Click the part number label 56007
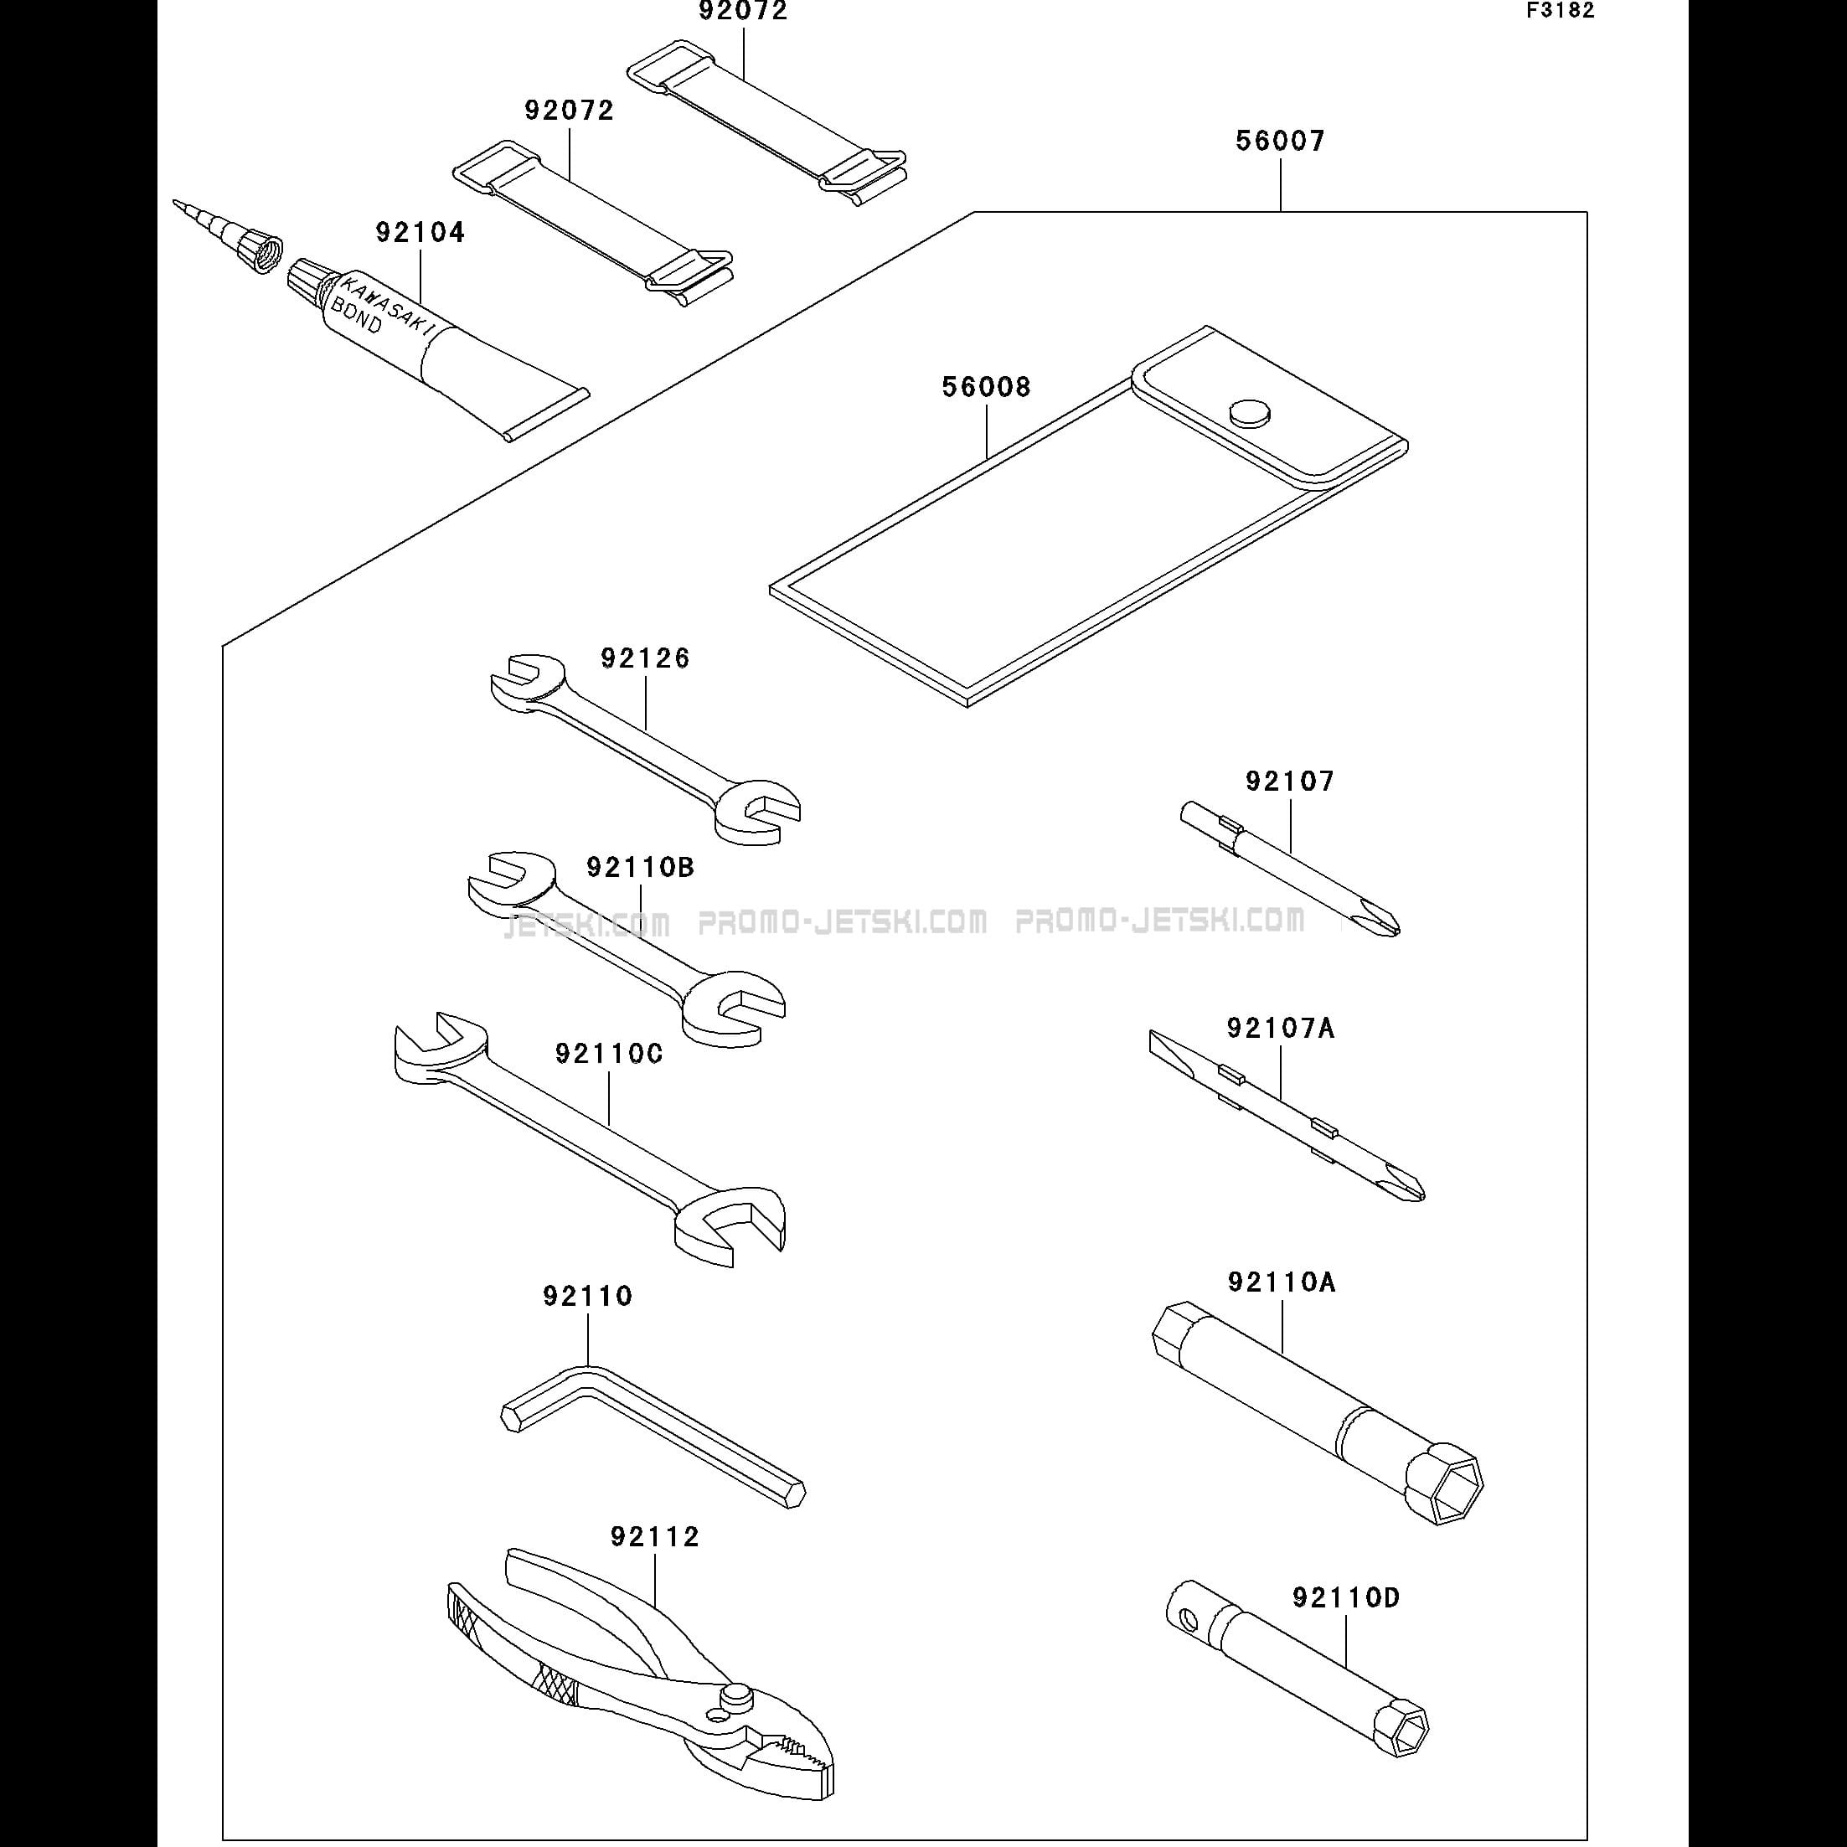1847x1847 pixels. pyautogui.click(x=1280, y=142)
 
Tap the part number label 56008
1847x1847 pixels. pyautogui.click(x=987, y=387)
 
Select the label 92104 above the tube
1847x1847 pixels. pyautogui.click(x=420, y=232)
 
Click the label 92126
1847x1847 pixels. pyautogui.click(x=645, y=658)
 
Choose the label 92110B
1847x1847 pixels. pyautogui.click(x=641, y=867)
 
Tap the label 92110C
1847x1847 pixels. pyautogui.click(x=609, y=1054)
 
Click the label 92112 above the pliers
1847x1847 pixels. pyautogui.click(x=655, y=1537)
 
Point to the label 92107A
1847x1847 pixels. pyautogui.click(x=1281, y=1029)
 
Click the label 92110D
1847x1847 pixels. pyautogui.click(x=1346, y=1597)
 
